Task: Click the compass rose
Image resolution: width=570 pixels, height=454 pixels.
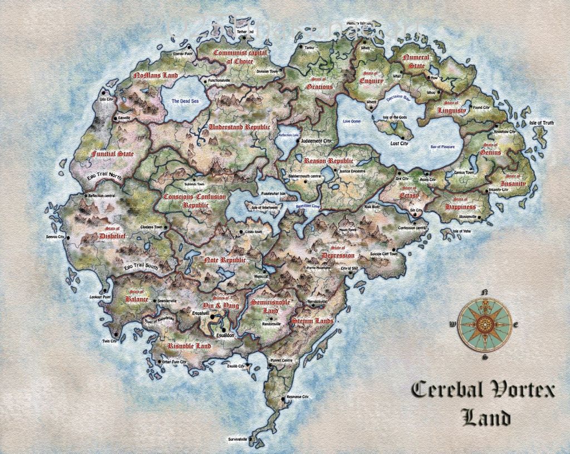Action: pyautogui.click(x=484, y=324)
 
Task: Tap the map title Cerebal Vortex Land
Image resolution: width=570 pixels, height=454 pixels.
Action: pyautogui.click(x=483, y=402)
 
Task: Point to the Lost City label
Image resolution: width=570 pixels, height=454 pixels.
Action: pyautogui.click(x=399, y=143)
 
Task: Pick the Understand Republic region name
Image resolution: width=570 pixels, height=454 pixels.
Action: pyautogui.click(x=238, y=127)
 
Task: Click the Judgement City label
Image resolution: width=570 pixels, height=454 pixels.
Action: pyautogui.click(x=316, y=141)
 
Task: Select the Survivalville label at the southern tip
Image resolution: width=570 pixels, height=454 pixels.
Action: pyautogui.click(x=238, y=440)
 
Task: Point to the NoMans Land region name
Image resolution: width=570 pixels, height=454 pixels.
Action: pyautogui.click(x=155, y=75)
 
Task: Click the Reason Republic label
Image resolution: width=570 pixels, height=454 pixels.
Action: pyautogui.click(x=328, y=161)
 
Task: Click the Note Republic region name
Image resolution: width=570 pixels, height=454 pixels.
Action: pyautogui.click(x=225, y=260)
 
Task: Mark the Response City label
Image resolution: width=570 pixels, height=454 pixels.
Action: pyautogui.click(x=297, y=397)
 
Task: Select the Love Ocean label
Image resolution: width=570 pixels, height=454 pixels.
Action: pyautogui.click(x=352, y=121)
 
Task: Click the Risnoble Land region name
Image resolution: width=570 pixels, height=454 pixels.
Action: pyautogui.click(x=189, y=346)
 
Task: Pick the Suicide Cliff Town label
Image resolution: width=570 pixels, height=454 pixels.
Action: pyautogui.click(x=384, y=254)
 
